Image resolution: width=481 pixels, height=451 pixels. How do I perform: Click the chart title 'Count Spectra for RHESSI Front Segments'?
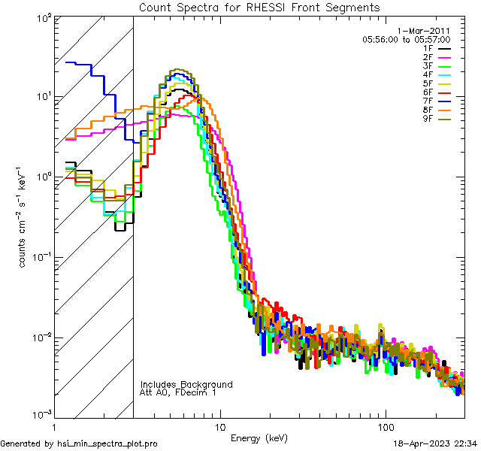click(x=259, y=7)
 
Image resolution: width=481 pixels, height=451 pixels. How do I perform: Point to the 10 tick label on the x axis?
click(x=220, y=427)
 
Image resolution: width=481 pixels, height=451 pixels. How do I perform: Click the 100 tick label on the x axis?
click(x=386, y=427)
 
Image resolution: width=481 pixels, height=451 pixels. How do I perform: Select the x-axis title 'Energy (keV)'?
click(x=259, y=437)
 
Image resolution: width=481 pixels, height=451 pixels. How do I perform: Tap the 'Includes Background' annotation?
click(x=186, y=384)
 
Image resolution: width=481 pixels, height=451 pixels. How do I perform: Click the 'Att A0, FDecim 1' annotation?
click(x=177, y=392)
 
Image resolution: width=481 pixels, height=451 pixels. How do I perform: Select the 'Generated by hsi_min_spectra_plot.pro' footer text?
click(x=79, y=444)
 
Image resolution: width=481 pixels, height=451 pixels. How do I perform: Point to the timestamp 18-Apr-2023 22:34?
click(x=434, y=444)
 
